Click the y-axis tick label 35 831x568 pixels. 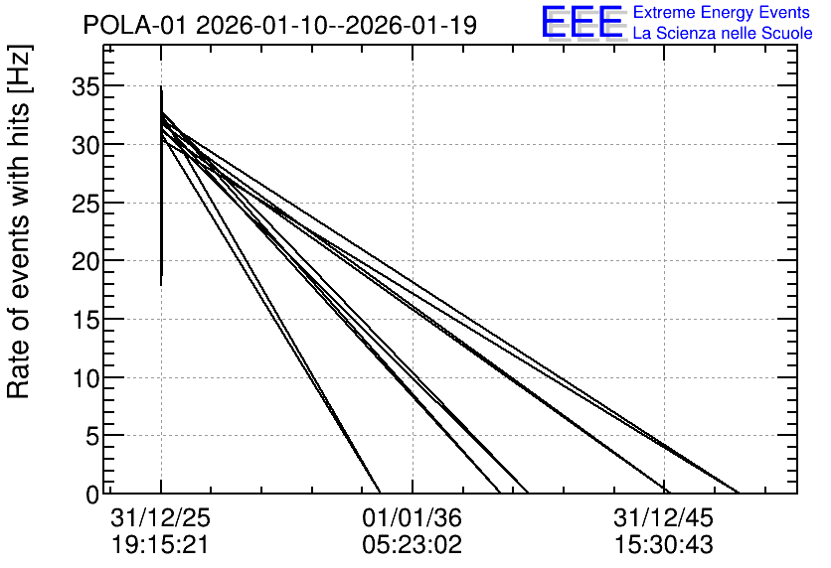(85, 86)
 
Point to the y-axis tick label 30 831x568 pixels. (85, 145)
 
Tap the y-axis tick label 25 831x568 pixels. (85, 204)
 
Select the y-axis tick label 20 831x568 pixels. (85, 261)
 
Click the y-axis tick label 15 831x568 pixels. (85, 320)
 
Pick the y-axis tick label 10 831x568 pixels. (85, 378)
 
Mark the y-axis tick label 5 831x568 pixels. (92, 437)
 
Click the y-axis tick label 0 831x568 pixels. (92, 495)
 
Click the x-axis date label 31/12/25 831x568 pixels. (161, 517)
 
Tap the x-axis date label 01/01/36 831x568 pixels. (413, 517)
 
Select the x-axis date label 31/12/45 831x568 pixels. (664, 517)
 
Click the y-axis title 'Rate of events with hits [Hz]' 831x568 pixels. (20, 221)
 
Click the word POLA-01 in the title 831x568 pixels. (135, 25)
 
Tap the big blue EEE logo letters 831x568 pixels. (582, 22)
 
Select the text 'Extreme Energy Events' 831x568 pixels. (722, 12)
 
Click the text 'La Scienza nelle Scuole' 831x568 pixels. (723, 33)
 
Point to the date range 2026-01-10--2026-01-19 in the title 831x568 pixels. (337, 25)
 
